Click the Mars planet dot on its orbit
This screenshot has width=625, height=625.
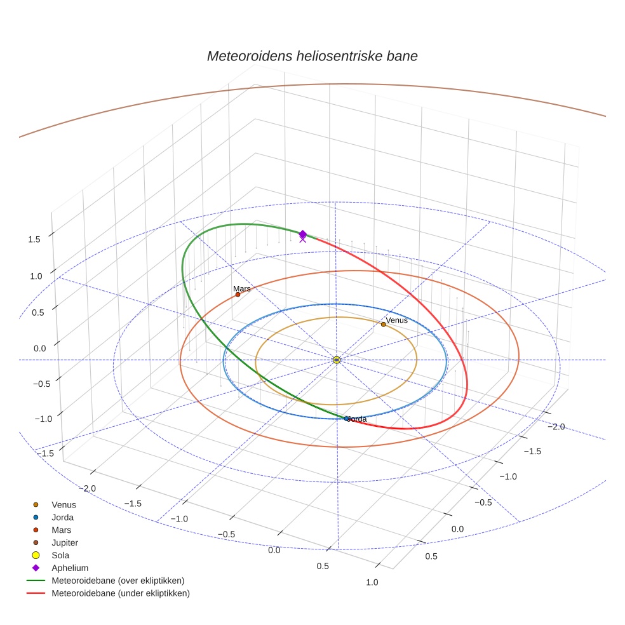238,295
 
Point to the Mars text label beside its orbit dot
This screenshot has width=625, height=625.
242,288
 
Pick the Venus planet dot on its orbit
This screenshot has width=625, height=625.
384,325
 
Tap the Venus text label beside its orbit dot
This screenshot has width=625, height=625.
397,320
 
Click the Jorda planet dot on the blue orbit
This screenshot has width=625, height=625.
347,419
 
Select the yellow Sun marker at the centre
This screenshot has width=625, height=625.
337,360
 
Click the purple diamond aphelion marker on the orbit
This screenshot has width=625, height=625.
303,234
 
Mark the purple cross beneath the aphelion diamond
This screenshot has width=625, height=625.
302,239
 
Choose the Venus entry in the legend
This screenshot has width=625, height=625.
64,505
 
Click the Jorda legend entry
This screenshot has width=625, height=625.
62,518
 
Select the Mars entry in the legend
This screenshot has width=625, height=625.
61,530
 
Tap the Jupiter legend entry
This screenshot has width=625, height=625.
65,542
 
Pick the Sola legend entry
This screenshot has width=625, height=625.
61,555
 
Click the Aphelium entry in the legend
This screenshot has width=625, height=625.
70,568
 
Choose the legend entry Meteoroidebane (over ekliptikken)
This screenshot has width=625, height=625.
118,581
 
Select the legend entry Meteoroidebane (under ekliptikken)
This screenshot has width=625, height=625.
121,593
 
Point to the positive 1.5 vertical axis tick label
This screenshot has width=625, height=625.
34,239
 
